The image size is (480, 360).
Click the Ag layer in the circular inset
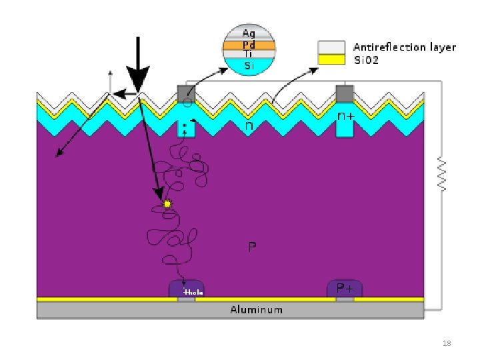pos(249,33)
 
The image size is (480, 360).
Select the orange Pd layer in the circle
pos(249,45)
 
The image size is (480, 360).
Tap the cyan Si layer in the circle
pos(249,65)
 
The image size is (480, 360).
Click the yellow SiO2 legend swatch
pos(331,59)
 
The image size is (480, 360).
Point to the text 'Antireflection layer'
pos(404,47)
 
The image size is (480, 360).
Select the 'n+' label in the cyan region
pos(345,116)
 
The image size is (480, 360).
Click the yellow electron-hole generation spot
pos(167,203)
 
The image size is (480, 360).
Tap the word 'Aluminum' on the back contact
pos(256,309)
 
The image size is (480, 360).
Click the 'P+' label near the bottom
pos(345,288)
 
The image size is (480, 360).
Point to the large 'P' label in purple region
pos(252,247)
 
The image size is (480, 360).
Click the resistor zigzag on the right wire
pos(441,175)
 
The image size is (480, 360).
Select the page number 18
pos(447,343)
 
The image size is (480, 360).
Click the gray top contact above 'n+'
pos(345,93)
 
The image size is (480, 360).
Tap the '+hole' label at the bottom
pos(193,293)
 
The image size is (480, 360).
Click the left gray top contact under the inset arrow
pos(185,93)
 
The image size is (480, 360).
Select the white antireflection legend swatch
pos(331,47)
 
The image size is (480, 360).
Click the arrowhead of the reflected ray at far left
pos(58,155)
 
